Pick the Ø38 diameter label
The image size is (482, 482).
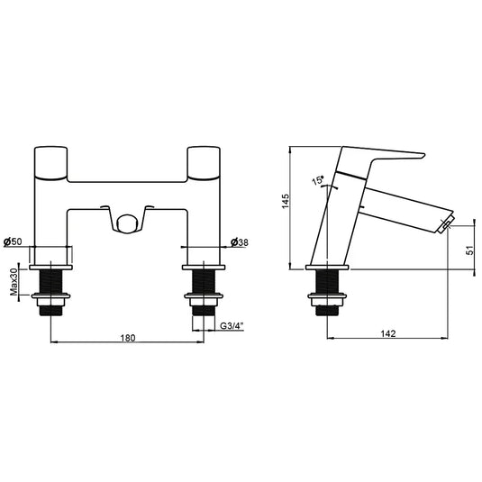pos(241,241)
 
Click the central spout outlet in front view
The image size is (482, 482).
pos(128,222)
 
